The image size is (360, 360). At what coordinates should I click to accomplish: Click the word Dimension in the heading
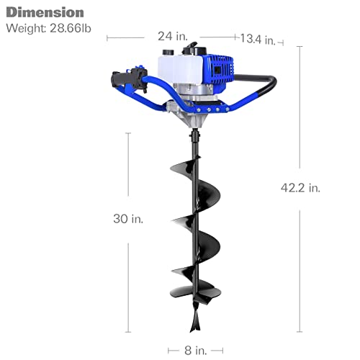45,12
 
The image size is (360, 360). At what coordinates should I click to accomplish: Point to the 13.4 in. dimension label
257,40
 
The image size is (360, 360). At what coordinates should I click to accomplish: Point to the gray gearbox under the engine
193,108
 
